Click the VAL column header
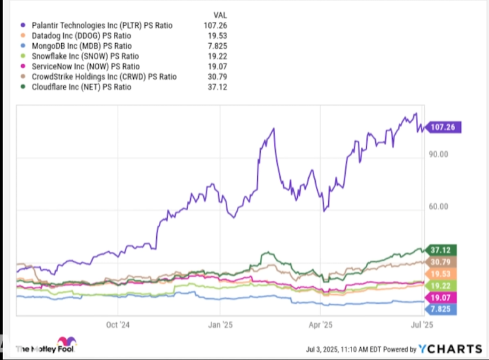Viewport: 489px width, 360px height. pyautogui.click(x=219, y=14)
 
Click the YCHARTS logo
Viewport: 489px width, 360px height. pyautogui.click(x=450, y=349)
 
